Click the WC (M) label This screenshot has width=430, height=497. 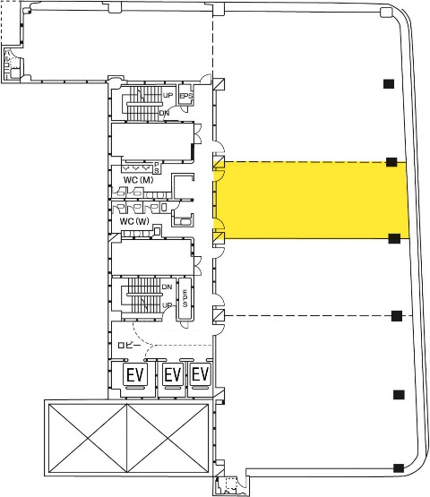point(138,180)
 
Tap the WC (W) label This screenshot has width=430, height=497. point(134,221)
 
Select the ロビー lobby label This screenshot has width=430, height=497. point(129,345)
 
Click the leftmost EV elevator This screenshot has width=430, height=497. point(135,374)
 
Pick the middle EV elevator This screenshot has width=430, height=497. point(173,374)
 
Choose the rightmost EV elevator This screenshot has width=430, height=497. point(201,374)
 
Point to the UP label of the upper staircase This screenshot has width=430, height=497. point(168,95)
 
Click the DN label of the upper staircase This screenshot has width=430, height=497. point(164,113)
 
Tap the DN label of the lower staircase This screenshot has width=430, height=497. point(167,287)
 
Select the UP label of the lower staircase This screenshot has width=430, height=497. point(168,305)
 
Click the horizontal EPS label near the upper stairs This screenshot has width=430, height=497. point(186,96)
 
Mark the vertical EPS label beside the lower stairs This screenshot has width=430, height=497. point(185,298)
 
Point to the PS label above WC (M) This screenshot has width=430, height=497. point(157,167)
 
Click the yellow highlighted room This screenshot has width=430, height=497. point(313,200)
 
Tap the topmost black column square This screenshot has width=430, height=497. point(389,83)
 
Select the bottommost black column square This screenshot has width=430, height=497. point(399,468)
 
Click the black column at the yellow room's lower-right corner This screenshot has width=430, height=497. point(394,238)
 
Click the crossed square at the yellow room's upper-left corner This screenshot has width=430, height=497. point(219,162)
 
